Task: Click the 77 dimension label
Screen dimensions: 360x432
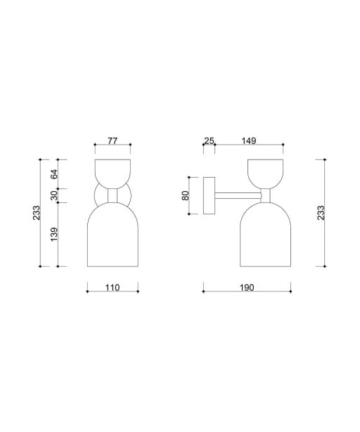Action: (x=112, y=140)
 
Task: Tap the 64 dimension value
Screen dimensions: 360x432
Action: (x=55, y=174)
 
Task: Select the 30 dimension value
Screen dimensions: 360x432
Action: (x=55, y=195)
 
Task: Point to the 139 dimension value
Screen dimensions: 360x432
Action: (x=55, y=234)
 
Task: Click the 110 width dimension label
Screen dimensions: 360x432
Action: (x=112, y=287)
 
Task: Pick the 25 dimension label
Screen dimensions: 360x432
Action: (x=209, y=140)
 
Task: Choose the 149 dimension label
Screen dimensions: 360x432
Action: (x=249, y=140)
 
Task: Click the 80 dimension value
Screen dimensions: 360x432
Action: (x=186, y=195)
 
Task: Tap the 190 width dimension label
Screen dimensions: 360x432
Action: (x=247, y=287)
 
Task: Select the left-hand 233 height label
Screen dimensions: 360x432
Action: (x=37, y=213)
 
